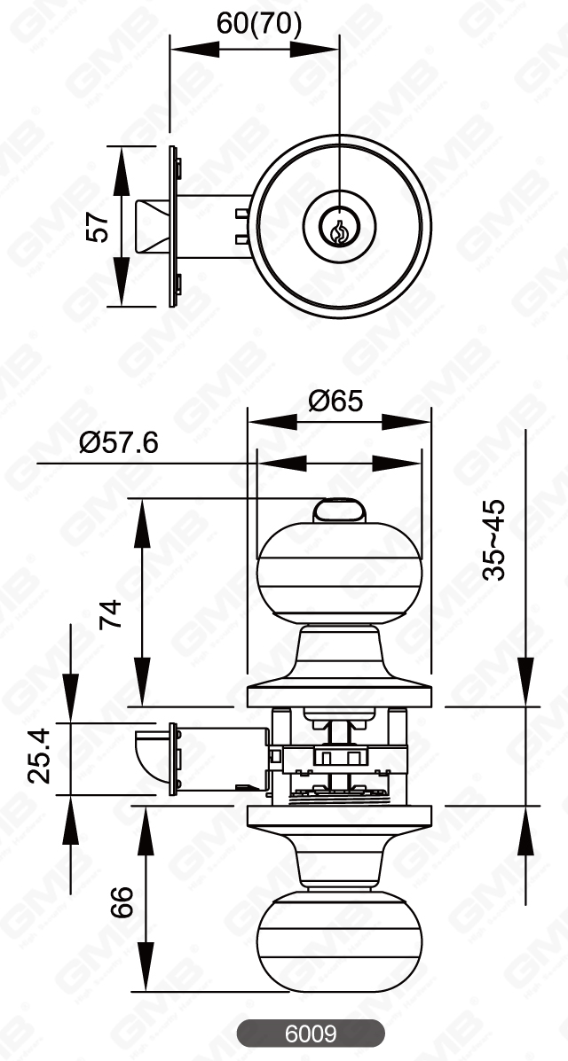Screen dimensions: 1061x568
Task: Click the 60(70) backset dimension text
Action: click(258, 25)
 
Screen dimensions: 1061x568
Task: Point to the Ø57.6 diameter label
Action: click(118, 442)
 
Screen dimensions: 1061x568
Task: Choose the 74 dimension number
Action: click(110, 613)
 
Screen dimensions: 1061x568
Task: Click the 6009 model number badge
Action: click(310, 1034)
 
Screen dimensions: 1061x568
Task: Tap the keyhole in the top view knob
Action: click(338, 229)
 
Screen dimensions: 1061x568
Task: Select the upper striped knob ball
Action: click(338, 573)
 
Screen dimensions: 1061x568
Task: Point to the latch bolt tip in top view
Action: click(149, 226)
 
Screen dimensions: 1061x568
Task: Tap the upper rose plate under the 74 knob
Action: click(338, 695)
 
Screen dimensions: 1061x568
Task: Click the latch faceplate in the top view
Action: click(173, 226)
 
